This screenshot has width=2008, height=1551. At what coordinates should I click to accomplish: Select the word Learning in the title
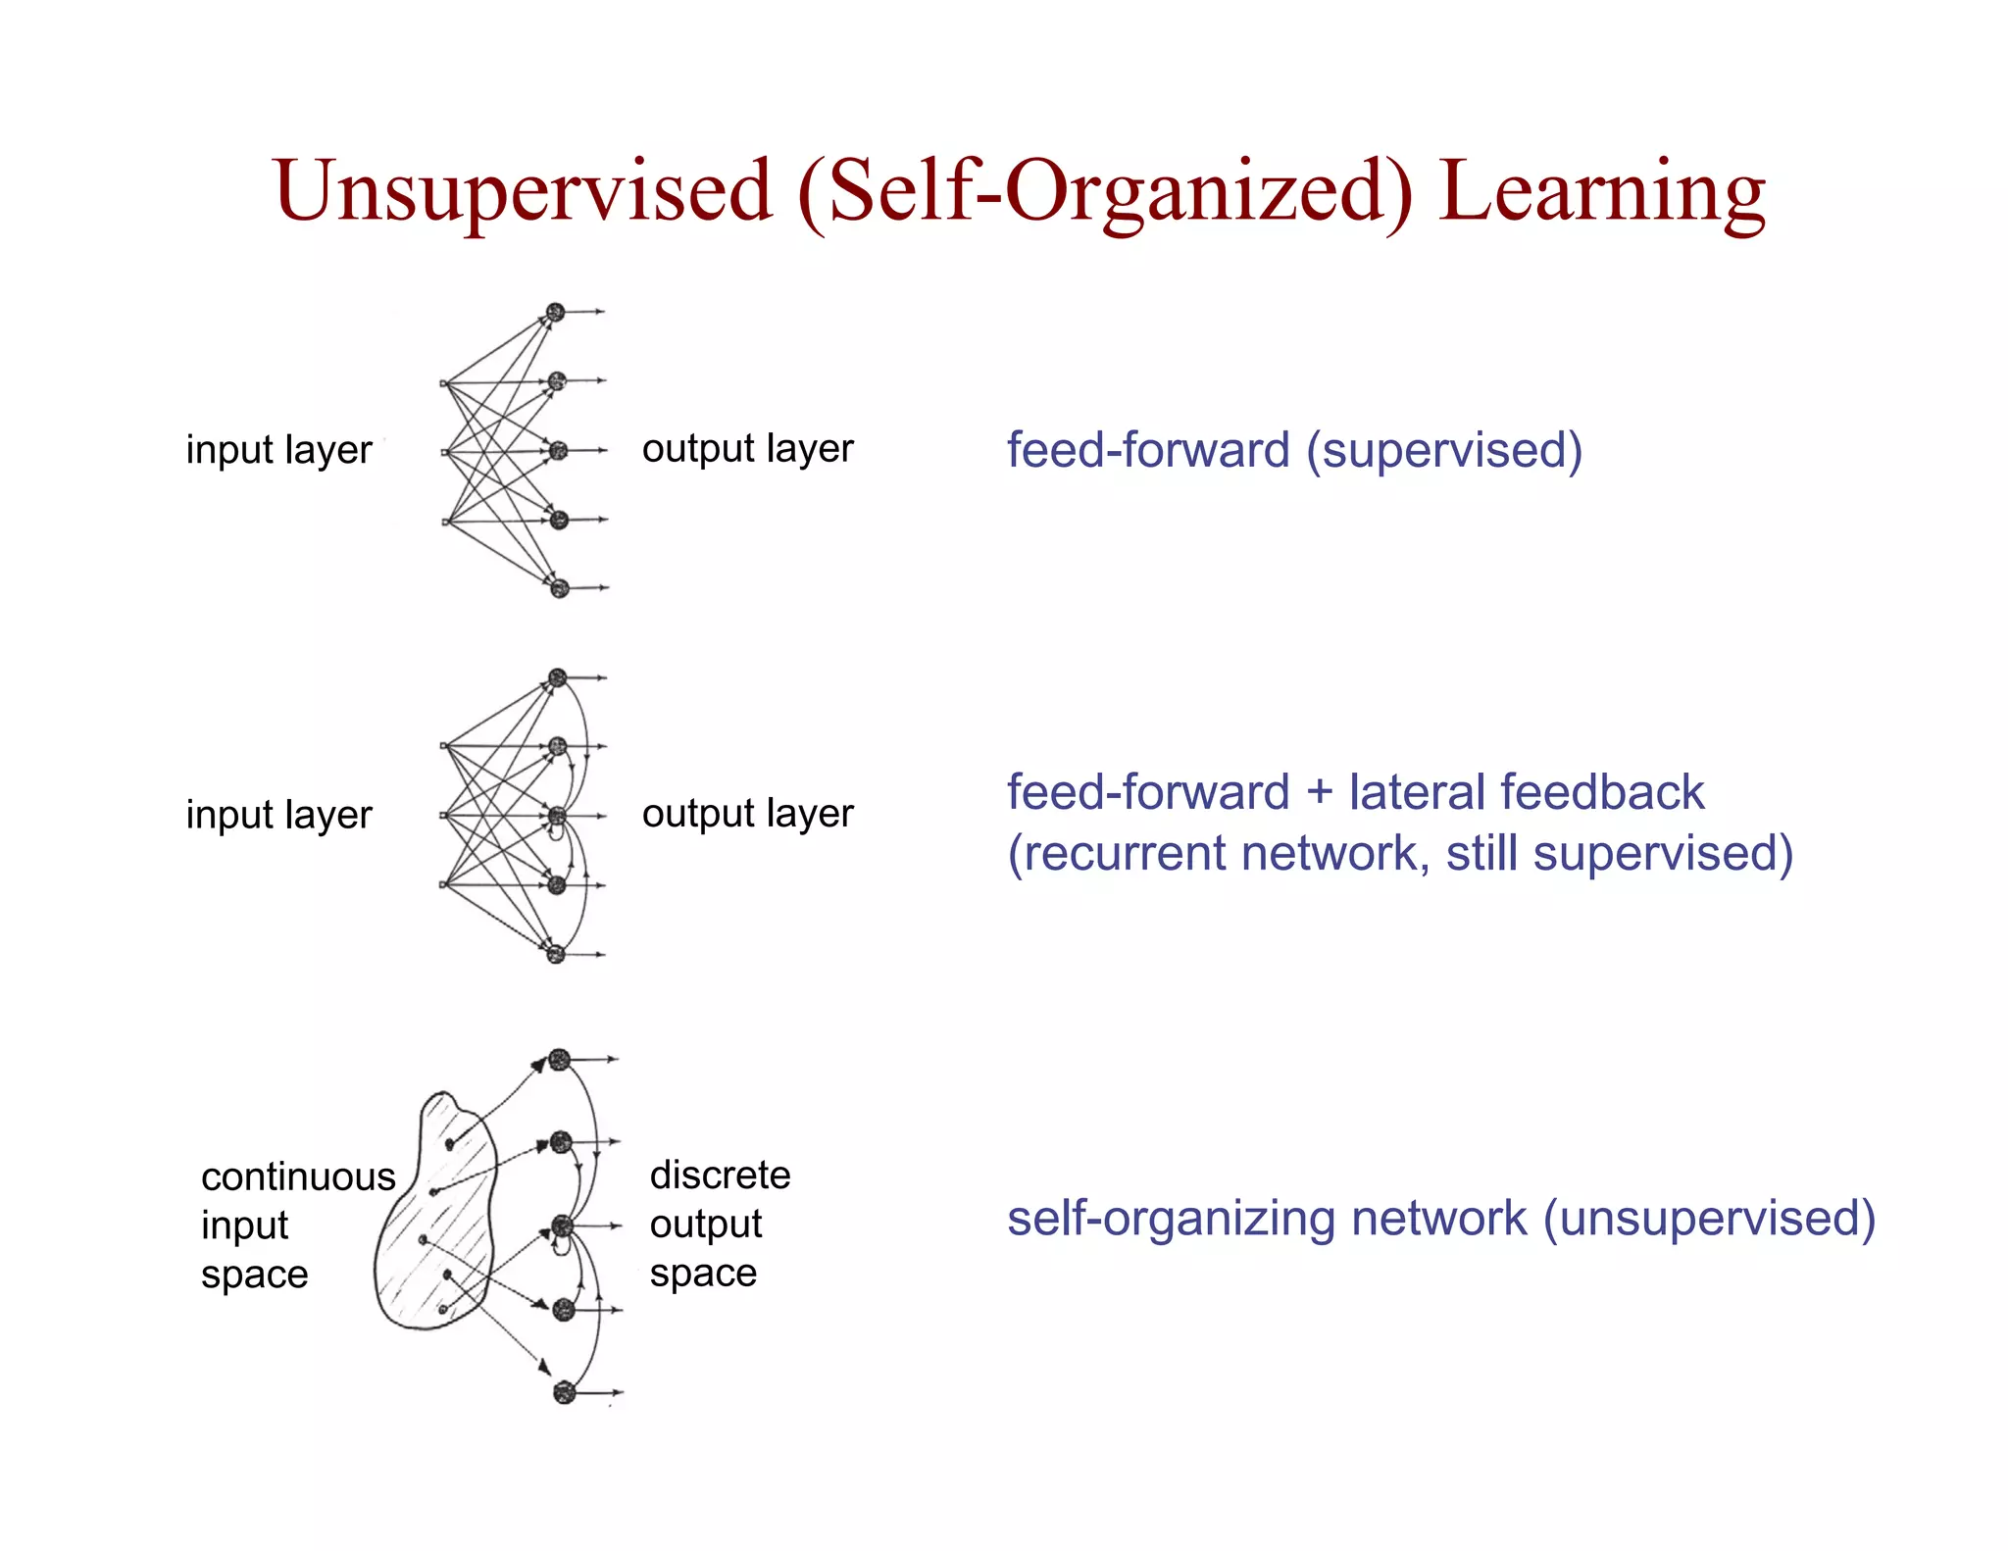pyautogui.click(x=1602, y=191)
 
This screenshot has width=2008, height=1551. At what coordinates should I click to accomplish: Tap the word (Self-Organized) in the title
pyautogui.click(x=1105, y=191)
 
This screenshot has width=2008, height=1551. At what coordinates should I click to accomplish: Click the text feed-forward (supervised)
pyautogui.click(x=1294, y=451)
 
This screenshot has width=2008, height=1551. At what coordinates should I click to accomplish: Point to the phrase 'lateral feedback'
pyautogui.click(x=1527, y=792)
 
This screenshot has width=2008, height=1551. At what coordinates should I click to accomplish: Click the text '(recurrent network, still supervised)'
pyautogui.click(x=1400, y=853)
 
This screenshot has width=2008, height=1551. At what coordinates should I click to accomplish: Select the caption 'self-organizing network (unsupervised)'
pyautogui.click(x=1441, y=1219)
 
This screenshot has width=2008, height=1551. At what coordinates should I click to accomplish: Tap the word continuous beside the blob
pyautogui.click(x=298, y=1176)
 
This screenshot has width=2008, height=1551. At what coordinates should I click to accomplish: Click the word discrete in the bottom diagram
pyautogui.click(x=720, y=1175)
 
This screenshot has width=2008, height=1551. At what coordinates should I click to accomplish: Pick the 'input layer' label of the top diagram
pyautogui.click(x=279, y=450)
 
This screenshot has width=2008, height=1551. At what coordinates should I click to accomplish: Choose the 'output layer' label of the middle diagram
pyautogui.click(x=747, y=814)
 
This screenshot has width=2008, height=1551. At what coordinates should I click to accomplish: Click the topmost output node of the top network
pyautogui.click(x=555, y=313)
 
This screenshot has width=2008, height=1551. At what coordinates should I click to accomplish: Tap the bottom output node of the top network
pyautogui.click(x=560, y=588)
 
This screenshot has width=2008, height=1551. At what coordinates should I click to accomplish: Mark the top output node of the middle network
pyautogui.click(x=557, y=677)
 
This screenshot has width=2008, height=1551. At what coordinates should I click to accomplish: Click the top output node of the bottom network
pyautogui.click(x=559, y=1060)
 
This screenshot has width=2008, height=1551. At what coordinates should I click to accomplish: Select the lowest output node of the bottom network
pyautogui.click(x=563, y=1392)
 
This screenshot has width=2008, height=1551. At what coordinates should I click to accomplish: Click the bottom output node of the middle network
pyautogui.click(x=556, y=954)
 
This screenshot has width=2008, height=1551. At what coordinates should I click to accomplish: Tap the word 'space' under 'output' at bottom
pyautogui.click(x=703, y=1274)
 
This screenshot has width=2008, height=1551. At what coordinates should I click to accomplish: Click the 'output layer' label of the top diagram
pyautogui.click(x=747, y=449)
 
